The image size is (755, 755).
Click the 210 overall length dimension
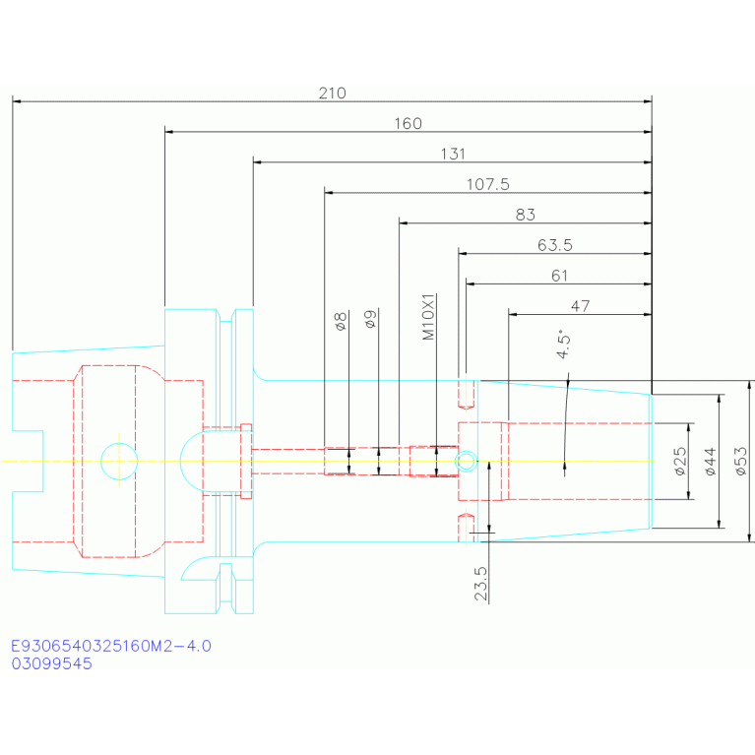(x=333, y=93)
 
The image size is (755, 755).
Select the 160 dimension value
(x=408, y=124)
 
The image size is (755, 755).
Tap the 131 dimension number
(x=453, y=155)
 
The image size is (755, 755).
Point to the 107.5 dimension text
(x=488, y=184)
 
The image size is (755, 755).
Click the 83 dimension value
(x=526, y=215)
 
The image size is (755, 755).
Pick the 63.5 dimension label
(x=555, y=245)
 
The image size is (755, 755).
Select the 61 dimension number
(x=559, y=276)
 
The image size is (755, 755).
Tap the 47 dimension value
(x=580, y=306)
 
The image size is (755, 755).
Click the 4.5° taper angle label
(x=563, y=344)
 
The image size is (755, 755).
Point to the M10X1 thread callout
(x=428, y=317)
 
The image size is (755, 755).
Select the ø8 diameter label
(x=341, y=321)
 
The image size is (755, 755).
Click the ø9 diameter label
(x=370, y=319)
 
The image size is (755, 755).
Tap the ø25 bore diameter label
(x=680, y=462)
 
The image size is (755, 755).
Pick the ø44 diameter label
(x=711, y=462)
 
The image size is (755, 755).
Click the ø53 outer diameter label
(x=741, y=462)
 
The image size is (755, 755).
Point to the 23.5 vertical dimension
(x=481, y=584)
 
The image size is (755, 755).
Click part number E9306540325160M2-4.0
(x=111, y=646)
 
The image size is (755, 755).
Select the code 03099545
(x=51, y=663)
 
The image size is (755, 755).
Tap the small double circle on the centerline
(x=467, y=462)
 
